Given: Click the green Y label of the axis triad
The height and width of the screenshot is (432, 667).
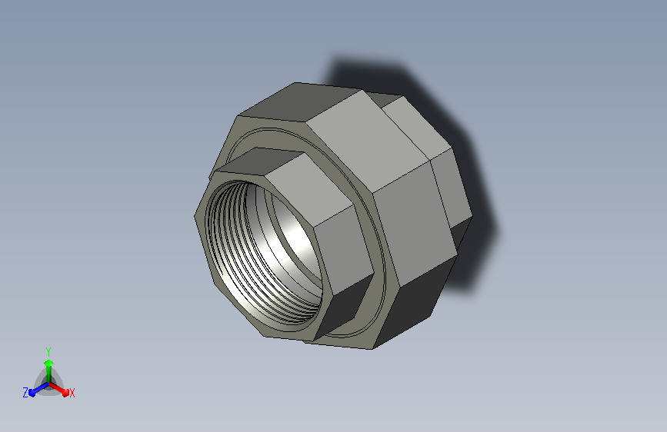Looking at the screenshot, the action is click(48, 351).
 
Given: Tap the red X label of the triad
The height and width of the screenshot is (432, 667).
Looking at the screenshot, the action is click(72, 393).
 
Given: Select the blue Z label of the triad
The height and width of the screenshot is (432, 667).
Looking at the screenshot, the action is click(25, 393).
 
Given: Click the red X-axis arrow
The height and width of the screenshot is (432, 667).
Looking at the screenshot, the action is click(59, 390).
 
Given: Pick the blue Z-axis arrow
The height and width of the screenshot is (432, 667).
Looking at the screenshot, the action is click(39, 389).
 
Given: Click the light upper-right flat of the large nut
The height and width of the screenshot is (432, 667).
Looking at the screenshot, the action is click(367, 141).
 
